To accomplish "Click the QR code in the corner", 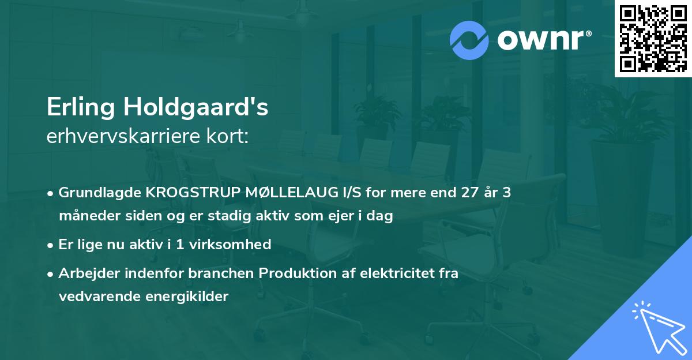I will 653,39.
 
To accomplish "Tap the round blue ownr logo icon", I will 469,40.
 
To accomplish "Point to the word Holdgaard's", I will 197,108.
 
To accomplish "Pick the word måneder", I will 84,216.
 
